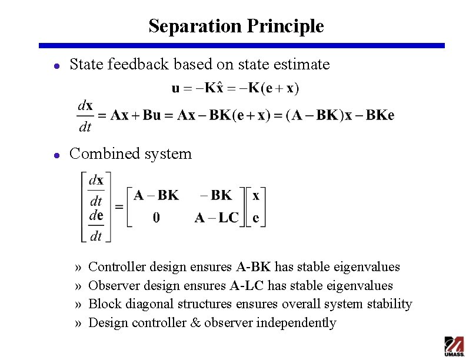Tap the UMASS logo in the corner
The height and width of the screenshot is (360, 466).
454,346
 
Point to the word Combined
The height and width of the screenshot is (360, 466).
102,154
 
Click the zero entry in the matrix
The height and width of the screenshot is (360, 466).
156,218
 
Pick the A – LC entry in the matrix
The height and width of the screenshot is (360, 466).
216,218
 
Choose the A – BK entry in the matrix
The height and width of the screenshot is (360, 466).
156,195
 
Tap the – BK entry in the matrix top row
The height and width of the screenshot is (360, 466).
216,195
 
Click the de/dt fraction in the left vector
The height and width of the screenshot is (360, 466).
96,226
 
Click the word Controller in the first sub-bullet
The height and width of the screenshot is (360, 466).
116,267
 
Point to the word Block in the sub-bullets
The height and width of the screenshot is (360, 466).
103,304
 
